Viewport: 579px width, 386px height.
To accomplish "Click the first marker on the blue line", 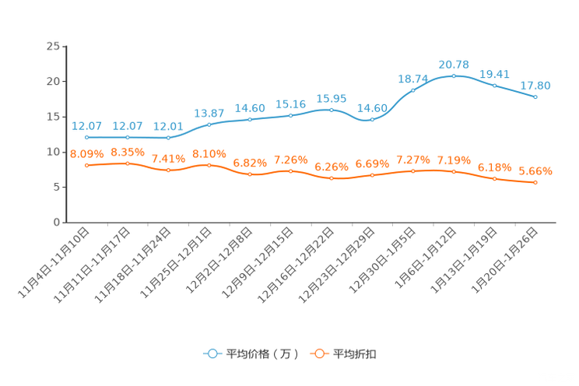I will coord(86,137).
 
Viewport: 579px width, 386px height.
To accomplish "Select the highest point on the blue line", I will coord(454,75).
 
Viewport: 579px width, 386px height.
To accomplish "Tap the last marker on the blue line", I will coord(535,97).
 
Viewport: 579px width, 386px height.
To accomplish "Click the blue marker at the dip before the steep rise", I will coord(372,120).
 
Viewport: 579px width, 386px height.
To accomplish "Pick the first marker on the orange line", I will coord(86,165).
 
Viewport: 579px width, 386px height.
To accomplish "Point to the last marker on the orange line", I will coord(535,182).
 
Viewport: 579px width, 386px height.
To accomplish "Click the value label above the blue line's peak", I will coord(454,64).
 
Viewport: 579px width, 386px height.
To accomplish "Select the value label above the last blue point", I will coord(535,85).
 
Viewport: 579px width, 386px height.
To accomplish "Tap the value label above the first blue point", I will coord(86,126).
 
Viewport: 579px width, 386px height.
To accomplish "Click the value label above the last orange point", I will coord(535,170).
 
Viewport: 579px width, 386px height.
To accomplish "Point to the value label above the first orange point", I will coord(86,154).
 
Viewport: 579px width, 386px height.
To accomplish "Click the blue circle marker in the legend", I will coord(211,353).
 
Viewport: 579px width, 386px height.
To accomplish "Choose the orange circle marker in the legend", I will coord(318,353).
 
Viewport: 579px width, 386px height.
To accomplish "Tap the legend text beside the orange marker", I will coord(356,354).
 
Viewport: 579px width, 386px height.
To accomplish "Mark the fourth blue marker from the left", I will coord(209,125).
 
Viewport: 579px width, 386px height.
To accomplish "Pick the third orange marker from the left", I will coord(168,170).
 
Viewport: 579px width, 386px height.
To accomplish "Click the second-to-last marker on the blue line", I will coord(494,85).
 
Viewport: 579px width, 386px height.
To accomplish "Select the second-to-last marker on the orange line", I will coord(494,178).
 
